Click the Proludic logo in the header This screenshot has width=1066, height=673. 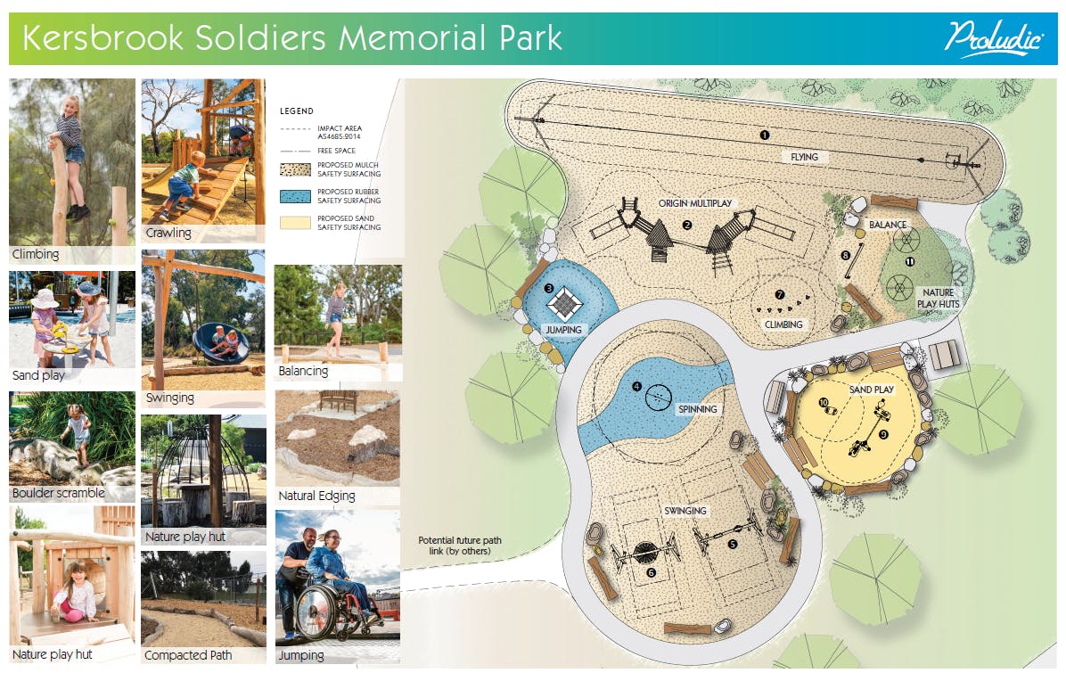tap(993, 38)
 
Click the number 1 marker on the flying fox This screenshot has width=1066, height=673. tap(764, 135)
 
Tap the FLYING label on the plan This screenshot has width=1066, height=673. tap(804, 157)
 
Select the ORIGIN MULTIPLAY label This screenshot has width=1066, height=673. tap(695, 203)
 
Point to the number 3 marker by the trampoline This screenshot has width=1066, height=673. tap(549, 288)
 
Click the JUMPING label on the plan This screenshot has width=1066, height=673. tap(563, 330)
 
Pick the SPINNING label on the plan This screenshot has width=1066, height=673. tap(698, 409)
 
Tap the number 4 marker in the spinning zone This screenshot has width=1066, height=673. tap(636, 386)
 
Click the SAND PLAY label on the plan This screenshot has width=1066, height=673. tap(872, 390)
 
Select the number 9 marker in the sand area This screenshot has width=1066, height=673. tap(884, 434)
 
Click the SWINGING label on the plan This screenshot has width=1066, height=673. tap(685, 511)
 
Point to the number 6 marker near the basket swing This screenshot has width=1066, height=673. tap(651, 573)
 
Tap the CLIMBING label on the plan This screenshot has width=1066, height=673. tap(783, 325)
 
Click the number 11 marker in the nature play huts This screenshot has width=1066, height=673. tap(910, 262)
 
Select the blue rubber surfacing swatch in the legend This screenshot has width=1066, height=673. tap(295, 196)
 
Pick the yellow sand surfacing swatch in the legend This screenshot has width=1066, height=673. tap(295, 222)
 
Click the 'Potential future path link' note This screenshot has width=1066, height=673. tap(460, 546)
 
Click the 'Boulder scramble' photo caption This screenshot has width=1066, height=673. tap(59, 493)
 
